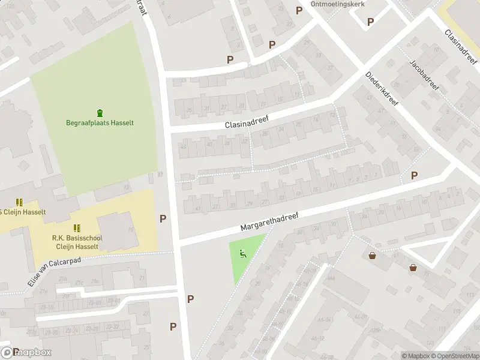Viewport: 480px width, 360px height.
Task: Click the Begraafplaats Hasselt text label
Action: click(x=100, y=123)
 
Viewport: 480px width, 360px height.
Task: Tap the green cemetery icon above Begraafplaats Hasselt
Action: click(x=100, y=112)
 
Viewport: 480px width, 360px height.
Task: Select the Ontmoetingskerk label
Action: click(x=338, y=4)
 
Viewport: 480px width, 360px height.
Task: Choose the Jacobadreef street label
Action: click(x=424, y=75)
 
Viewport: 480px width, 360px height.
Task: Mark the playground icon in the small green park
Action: click(x=244, y=254)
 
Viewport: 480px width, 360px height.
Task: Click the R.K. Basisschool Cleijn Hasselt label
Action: click(x=77, y=242)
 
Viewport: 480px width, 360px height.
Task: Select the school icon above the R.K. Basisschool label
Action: click(x=77, y=228)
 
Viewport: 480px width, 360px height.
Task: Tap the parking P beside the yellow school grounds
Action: click(x=163, y=219)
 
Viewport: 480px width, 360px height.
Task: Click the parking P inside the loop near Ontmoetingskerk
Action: click(x=370, y=22)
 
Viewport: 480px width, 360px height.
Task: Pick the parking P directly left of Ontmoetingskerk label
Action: click(x=299, y=10)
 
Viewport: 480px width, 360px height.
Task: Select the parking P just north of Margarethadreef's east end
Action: click(x=414, y=175)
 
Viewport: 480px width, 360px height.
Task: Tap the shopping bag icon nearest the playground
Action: click(x=373, y=256)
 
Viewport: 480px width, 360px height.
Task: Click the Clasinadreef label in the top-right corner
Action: click(x=460, y=46)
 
